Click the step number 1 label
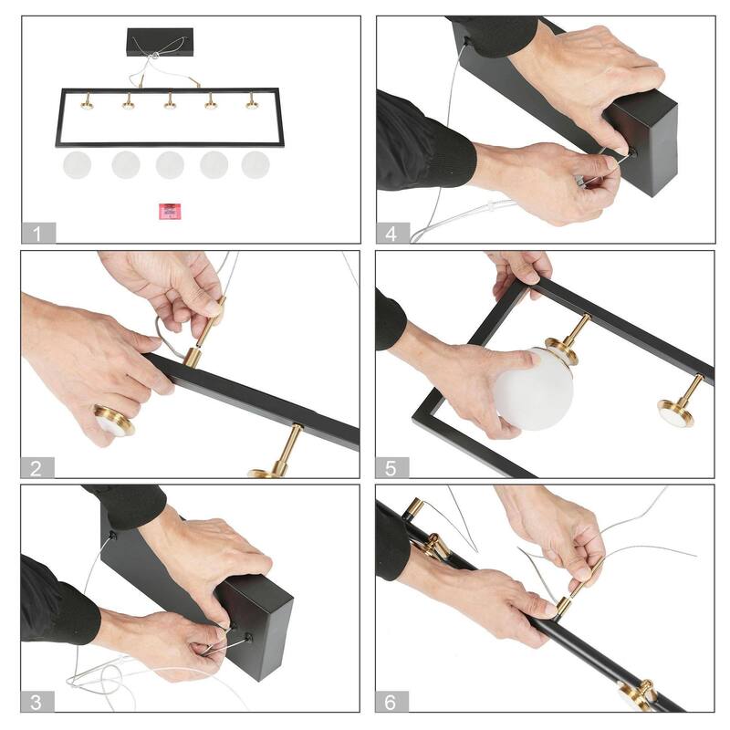(x=38, y=233)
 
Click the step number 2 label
(x=37, y=467)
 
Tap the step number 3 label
(x=37, y=702)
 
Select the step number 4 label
(x=393, y=233)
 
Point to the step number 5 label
(x=392, y=467)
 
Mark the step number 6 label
(x=392, y=702)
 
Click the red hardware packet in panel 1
(x=170, y=211)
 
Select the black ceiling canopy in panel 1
(x=160, y=42)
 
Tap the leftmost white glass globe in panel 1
(x=77, y=165)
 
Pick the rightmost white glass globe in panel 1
(x=255, y=165)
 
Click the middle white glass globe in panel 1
(x=170, y=165)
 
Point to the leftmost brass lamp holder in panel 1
(x=87, y=101)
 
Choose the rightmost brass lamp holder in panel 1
(x=252, y=101)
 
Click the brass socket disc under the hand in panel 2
(x=114, y=421)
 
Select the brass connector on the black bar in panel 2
(x=192, y=358)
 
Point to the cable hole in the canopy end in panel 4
(x=631, y=152)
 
